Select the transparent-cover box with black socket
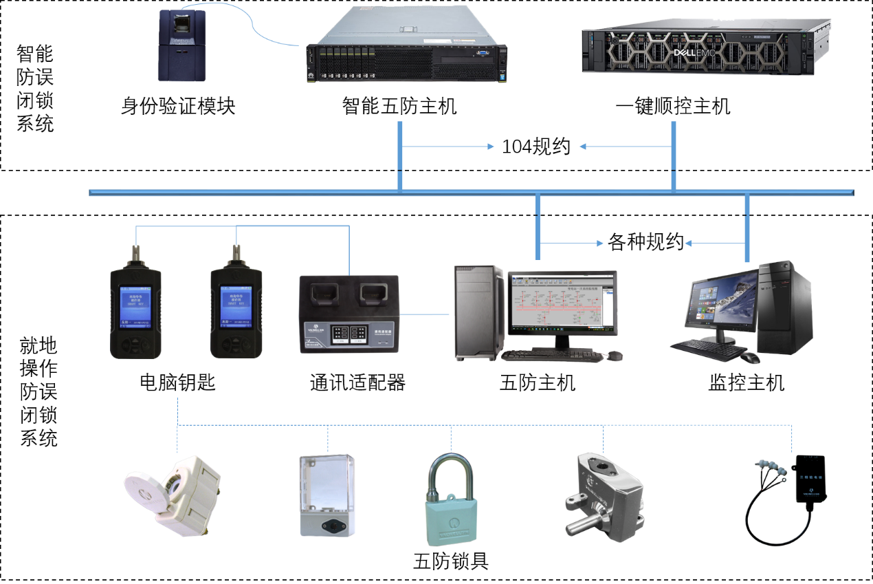tap(327, 495)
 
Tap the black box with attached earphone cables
tap(811, 477)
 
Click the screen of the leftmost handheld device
tap(135, 305)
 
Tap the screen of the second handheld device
tap(235, 305)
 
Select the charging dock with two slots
tap(349, 314)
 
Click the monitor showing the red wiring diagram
tap(562, 301)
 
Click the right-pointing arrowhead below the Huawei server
tap(491, 147)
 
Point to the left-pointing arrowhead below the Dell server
tap(582, 147)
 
